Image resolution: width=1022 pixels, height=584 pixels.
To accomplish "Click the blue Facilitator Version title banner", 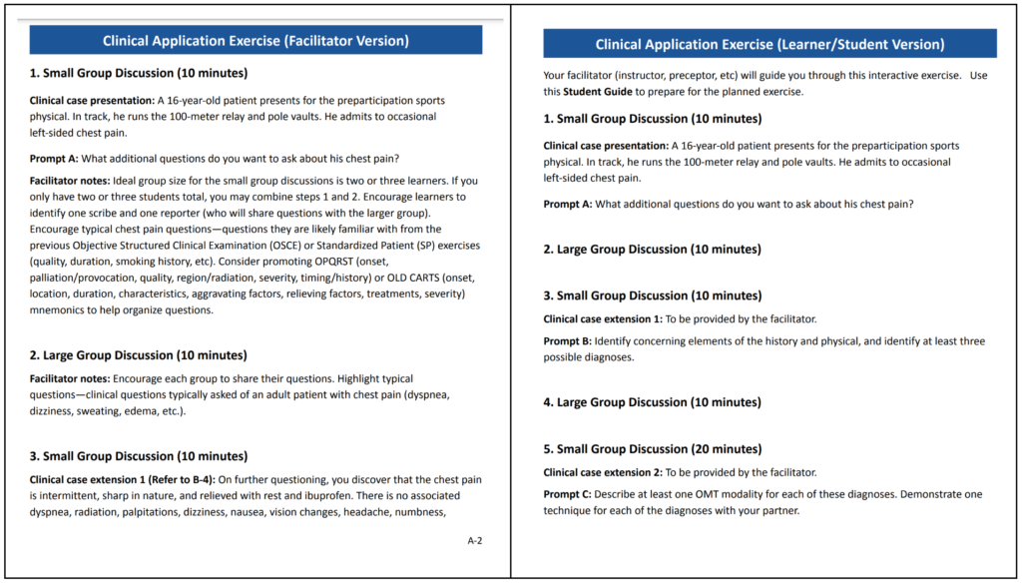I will (x=255, y=41).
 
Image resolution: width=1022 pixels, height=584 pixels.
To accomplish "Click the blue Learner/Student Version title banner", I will (x=769, y=45).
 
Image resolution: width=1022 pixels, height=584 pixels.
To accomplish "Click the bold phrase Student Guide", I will (x=596, y=92).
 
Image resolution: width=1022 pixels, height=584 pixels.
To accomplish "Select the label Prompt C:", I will (x=568, y=494).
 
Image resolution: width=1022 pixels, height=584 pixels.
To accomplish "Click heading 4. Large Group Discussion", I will (x=652, y=402).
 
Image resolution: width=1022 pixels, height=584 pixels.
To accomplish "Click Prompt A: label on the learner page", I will (x=568, y=204).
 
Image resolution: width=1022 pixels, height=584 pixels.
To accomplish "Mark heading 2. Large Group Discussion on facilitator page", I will (x=139, y=355).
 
